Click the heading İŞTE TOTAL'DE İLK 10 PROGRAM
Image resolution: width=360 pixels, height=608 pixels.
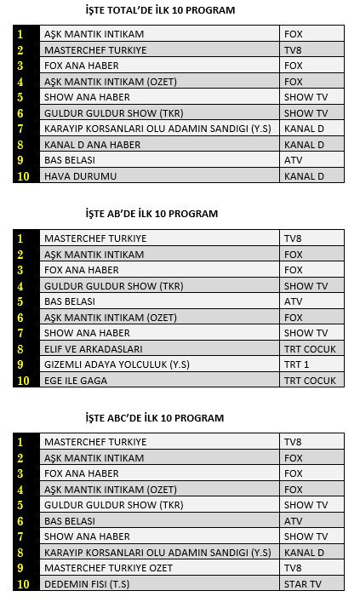coord(161,10)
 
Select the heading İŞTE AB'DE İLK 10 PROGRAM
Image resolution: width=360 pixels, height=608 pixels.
coord(151,214)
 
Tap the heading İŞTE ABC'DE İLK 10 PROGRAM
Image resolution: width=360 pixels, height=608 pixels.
coord(155,418)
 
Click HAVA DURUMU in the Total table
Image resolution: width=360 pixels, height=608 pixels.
coord(80,176)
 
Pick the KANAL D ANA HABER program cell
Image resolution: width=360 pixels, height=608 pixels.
coord(92,145)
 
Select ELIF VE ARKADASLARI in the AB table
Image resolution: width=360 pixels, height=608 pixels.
coord(93,349)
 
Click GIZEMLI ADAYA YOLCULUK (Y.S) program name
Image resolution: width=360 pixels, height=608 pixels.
coord(117,364)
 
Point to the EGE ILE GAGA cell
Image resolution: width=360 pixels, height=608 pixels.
coord(76,381)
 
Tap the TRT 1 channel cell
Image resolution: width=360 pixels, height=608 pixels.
coord(297,364)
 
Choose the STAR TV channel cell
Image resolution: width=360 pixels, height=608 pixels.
coord(303,584)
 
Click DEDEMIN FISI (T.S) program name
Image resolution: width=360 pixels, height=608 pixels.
coord(86,584)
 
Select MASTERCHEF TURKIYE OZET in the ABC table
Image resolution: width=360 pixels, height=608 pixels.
coord(108,568)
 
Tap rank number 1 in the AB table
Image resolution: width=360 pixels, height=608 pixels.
coord(20,238)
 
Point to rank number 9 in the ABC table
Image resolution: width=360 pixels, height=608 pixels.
coord(20,568)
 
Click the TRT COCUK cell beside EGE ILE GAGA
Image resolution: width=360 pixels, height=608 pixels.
coord(310,381)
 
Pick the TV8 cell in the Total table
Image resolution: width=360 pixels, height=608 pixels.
coord(293,50)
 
